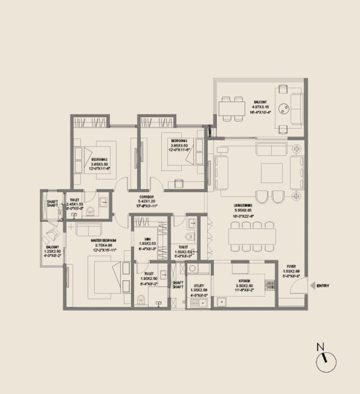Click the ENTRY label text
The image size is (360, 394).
tap(323, 286)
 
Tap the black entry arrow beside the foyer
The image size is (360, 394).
tap(313, 286)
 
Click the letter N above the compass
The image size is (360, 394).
tap(319, 347)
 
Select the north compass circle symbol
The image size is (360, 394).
tap(326, 362)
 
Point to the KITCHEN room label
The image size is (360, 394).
tap(244, 280)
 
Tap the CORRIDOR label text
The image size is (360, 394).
tap(146, 197)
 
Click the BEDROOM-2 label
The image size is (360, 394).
tap(101, 159)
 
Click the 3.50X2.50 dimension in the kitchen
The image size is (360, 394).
tap(244, 286)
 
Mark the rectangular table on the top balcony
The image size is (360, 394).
tap(231, 108)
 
